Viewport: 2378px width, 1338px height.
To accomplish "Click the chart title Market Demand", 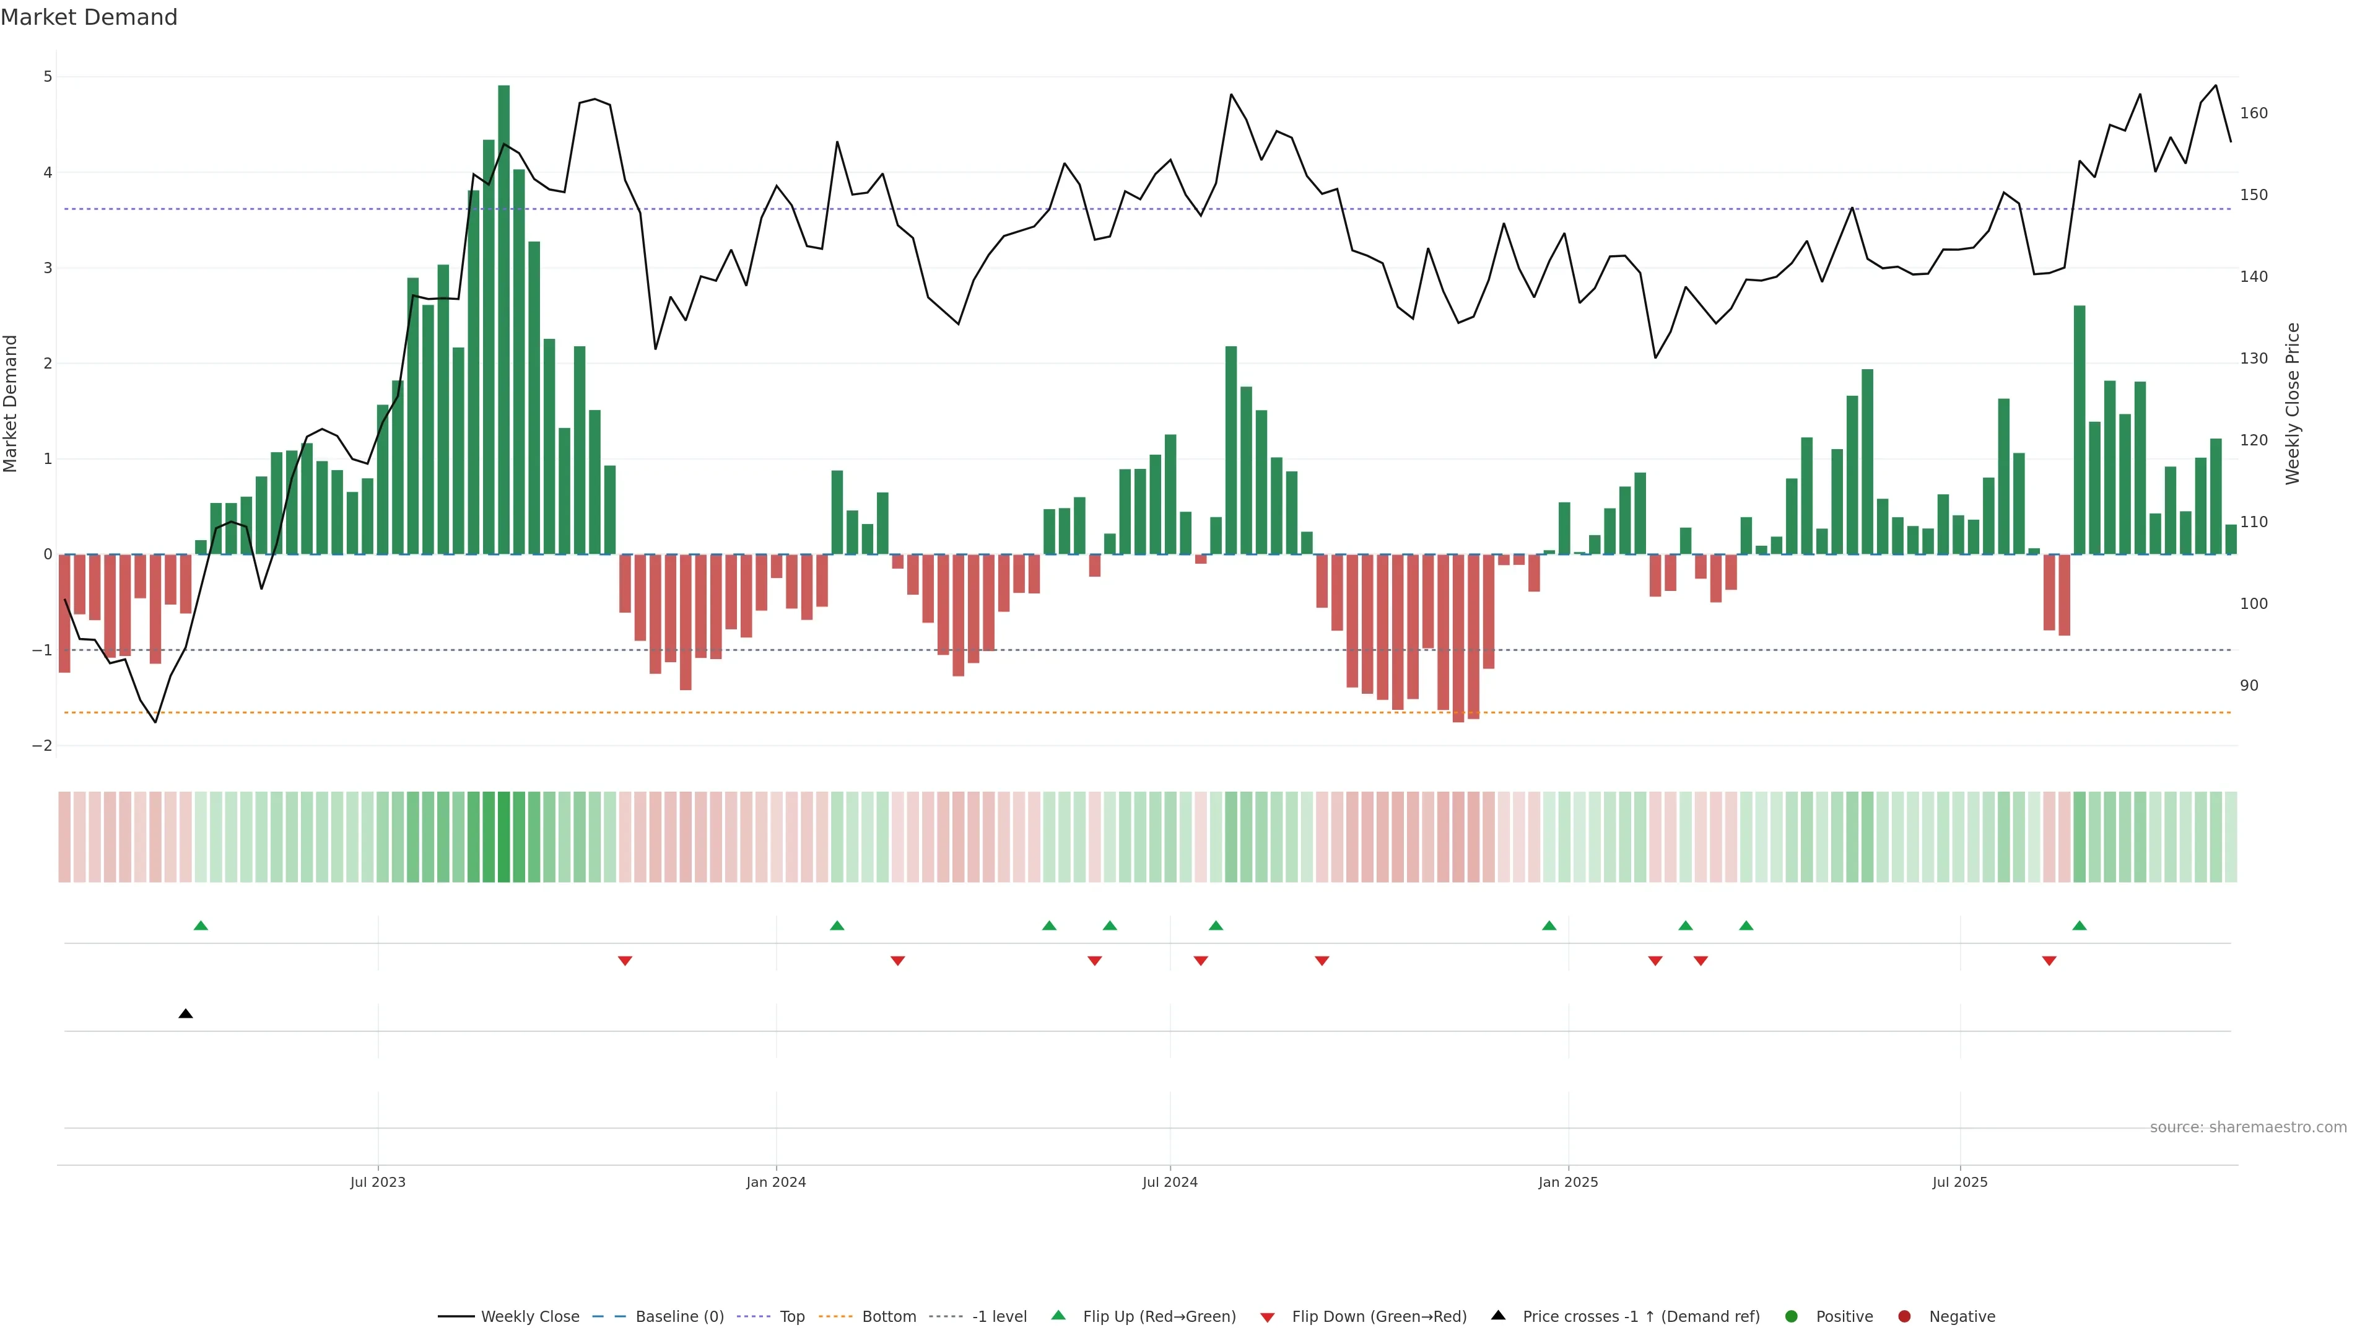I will click(89, 17).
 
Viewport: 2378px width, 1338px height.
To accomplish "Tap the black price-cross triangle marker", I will click(186, 1014).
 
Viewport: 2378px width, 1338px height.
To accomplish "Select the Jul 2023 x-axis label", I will click(378, 1182).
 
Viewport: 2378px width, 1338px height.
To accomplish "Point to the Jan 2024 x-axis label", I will click(775, 1182).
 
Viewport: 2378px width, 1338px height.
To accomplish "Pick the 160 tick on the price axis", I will click(2254, 113).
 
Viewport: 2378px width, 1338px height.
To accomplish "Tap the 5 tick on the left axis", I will click(48, 77).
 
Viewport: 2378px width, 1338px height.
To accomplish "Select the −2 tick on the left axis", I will click(43, 746).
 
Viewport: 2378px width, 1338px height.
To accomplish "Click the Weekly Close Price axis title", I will click(2293, 403).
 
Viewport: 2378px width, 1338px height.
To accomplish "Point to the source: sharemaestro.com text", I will click(2248, 1127).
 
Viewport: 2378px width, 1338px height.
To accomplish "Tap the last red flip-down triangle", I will click(2049, 961).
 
